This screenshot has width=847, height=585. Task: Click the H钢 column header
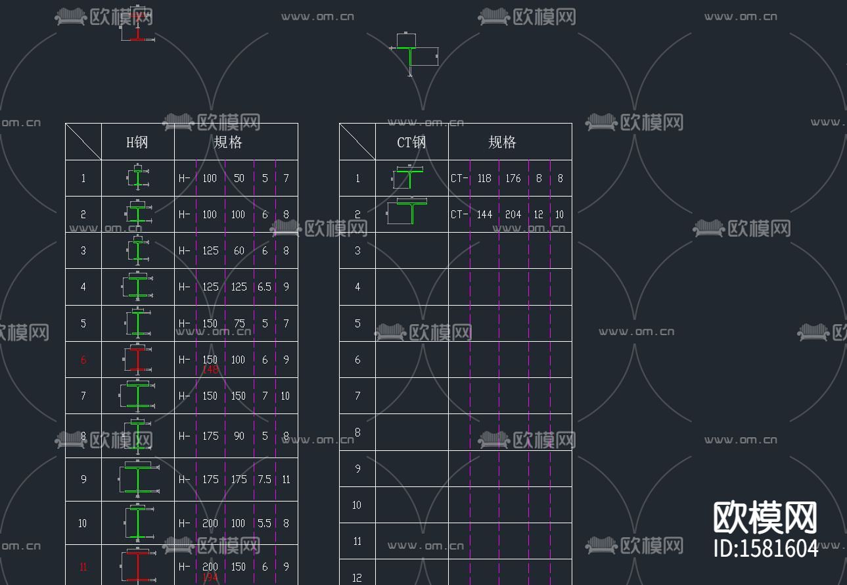coord(137,142)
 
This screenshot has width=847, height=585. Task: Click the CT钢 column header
coord(412,142)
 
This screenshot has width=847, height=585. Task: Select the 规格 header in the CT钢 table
coord(503,142)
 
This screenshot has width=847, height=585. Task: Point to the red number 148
coord(210,370)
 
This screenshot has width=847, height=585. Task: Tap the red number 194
coord(210,578)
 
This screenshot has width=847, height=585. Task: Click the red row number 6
coord(83,360)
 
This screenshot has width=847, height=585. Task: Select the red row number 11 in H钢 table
coord(83,567)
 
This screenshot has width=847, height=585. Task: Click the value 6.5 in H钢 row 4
coord(264,287)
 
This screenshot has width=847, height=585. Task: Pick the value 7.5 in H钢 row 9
coord(264,480)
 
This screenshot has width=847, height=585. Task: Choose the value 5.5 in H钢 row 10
coord(264,524)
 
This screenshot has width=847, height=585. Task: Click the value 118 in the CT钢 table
coord(484,179)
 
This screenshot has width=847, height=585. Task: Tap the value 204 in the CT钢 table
coord(513,215)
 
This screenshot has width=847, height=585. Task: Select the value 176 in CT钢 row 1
coord(513,179)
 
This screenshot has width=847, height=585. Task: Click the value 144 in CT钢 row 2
coord(484,215)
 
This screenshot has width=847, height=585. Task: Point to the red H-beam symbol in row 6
coord(137,360)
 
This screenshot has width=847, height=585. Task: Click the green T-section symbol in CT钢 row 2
coord(411,212)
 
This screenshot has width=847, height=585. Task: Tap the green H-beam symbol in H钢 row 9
coord(139,479)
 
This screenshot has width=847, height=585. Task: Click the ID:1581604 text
coord(766,548)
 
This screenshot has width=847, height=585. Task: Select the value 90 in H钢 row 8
coord(239,436)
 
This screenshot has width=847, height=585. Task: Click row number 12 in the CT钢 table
coord(357,578)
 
